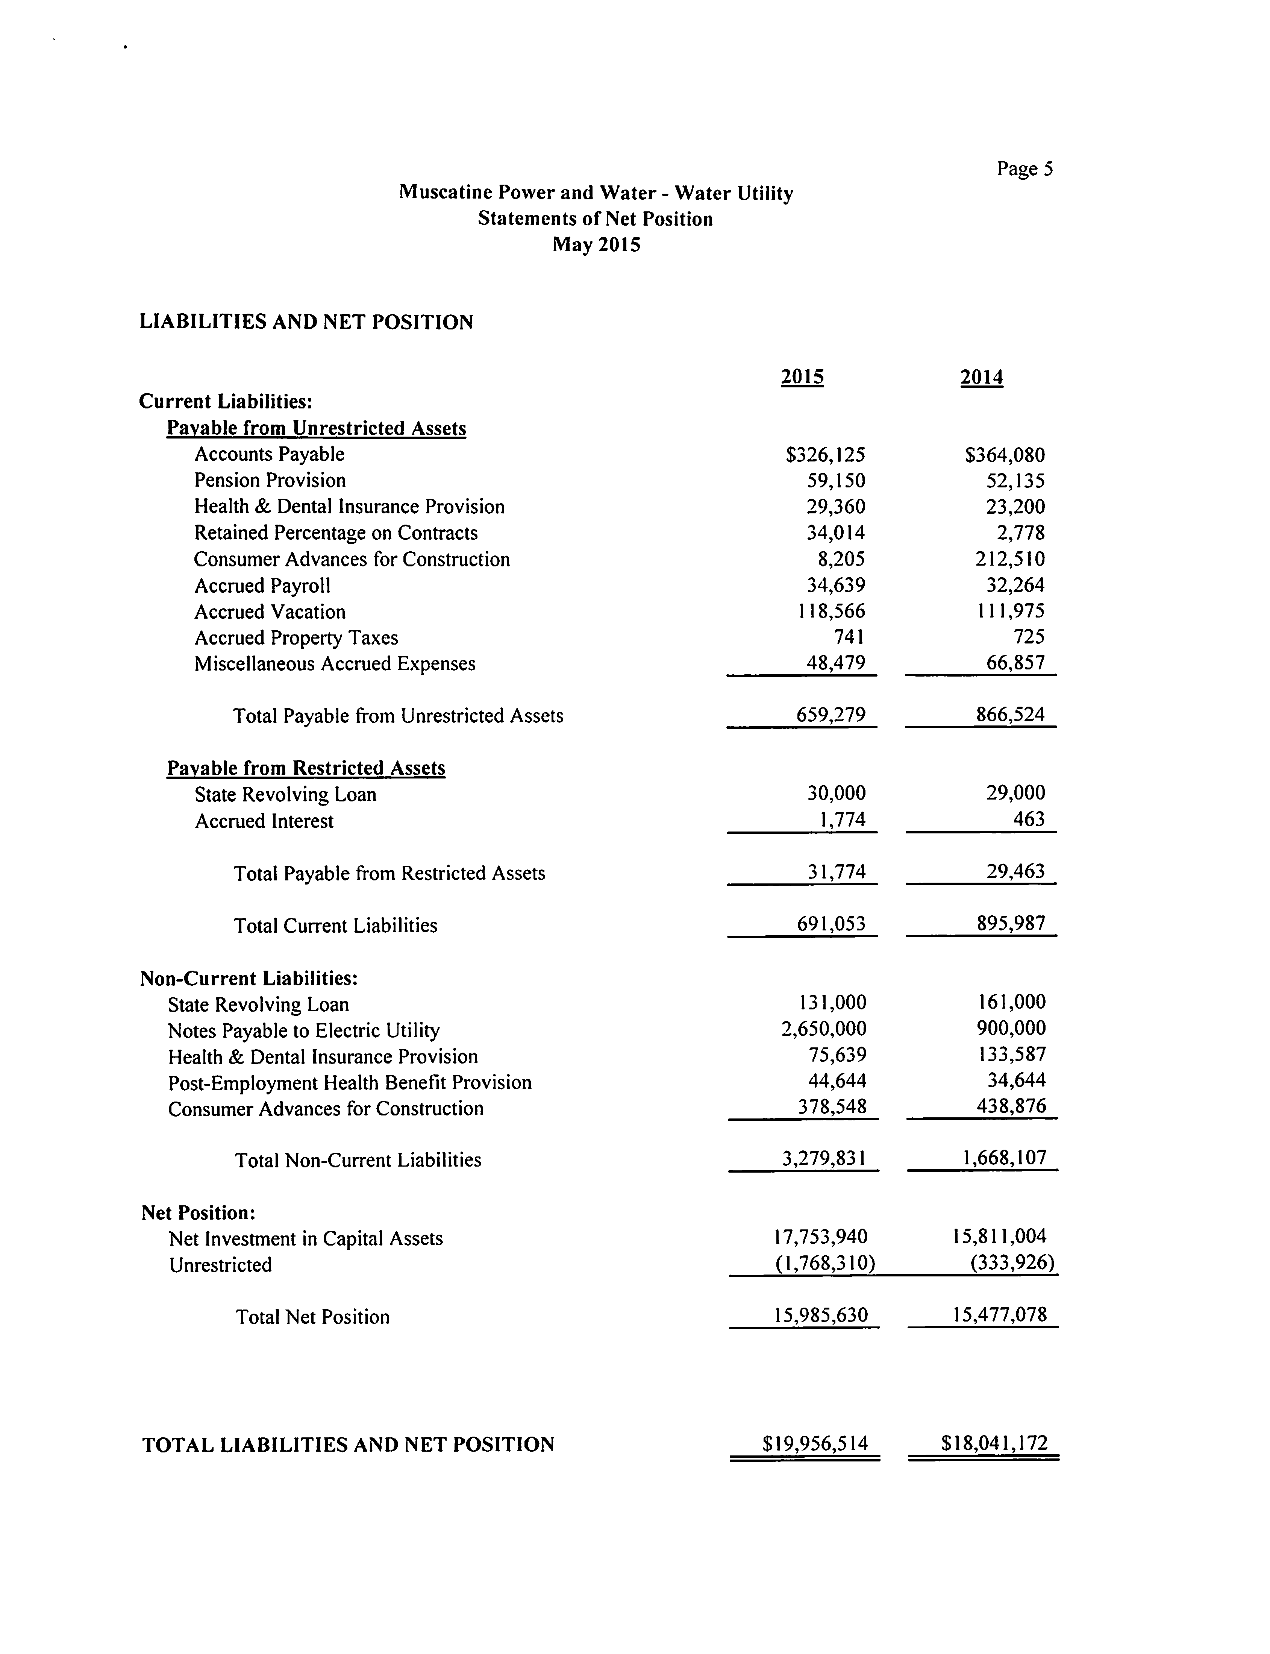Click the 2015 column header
coord(802,376)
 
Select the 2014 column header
coord(981,376)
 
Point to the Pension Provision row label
coord(270,480)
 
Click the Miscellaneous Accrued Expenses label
coord(335,664)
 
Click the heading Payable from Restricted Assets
coord(306,768)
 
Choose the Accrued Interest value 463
coord(1029,819)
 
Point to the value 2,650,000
coord(824,1029)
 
